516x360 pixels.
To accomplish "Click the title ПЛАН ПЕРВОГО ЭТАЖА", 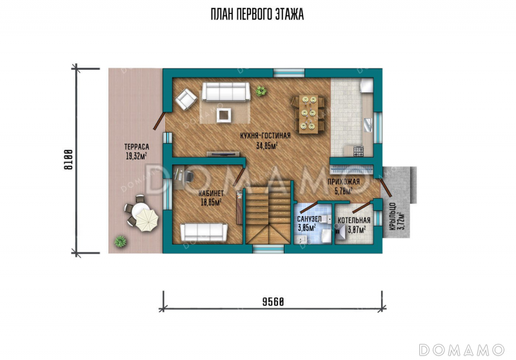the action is click(257, 14).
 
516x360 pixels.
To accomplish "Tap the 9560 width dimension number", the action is click(273, 301).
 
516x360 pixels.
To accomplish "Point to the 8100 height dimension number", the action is click(68, 159).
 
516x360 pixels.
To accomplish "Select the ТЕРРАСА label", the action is click(137, 146).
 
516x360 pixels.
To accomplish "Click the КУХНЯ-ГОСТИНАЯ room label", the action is click(265, 135).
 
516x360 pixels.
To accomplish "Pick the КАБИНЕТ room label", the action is click(212, 194).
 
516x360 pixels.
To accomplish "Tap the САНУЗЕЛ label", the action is click(309, 219).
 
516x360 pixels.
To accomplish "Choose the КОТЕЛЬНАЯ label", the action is click(353, 220).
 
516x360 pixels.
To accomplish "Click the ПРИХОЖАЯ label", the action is click(344, 182).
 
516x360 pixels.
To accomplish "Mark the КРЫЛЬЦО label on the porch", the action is click(392, 216).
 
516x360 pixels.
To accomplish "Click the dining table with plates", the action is click(308, 114).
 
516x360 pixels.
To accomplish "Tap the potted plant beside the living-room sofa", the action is click(261, 91).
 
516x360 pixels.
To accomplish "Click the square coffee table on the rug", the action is click(223, 115).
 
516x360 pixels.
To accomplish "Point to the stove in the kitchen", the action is click(359, 152).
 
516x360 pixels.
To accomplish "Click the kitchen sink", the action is click(368, 125).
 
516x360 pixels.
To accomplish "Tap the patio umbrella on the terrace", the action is click(147, 220).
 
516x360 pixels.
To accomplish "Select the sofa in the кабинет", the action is click(204, 232).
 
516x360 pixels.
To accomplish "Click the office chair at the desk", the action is click(188, 176).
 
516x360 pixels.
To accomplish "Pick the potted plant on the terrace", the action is click(120, 241).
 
